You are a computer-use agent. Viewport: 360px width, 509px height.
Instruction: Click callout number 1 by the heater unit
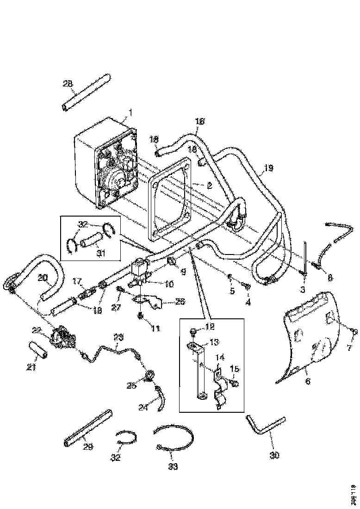click(x=130, y=112)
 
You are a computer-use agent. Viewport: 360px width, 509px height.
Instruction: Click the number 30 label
click(x=274, y=455)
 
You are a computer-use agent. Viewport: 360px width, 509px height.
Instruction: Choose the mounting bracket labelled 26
click(x=148, y=303)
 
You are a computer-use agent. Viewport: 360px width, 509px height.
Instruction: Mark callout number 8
click(x=330, y=278)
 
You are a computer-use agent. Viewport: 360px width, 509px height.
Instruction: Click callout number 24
click(x=143, y=407)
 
